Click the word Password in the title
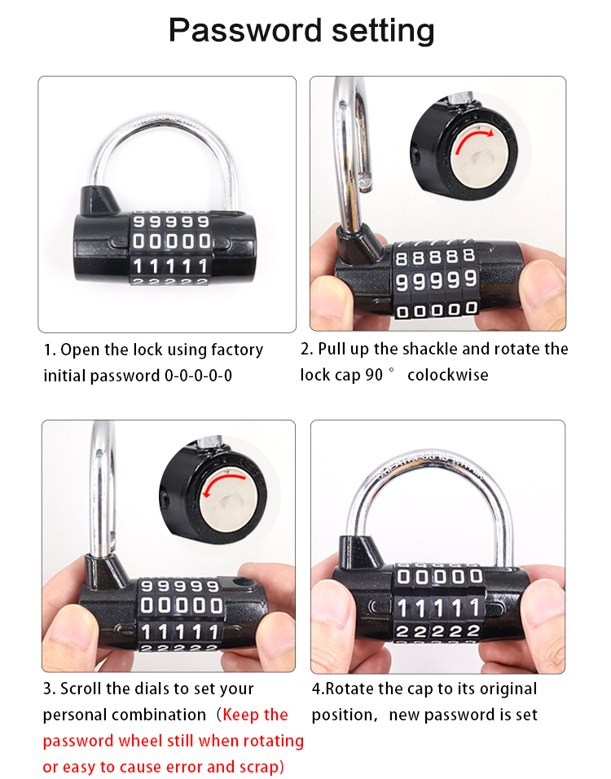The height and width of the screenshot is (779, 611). pyautogui.click(x=246, y=31)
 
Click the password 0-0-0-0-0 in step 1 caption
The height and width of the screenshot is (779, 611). pyautogui.click(x=198, y=376)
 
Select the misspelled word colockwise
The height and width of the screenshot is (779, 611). pyautogui.click(x=447, y=375)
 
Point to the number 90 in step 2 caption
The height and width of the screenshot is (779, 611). pyautogui.click(x=374, y=375)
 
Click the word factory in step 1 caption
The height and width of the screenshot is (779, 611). pyautogui.click(x=237, y=350)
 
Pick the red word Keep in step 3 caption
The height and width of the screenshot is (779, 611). pyautogui.click(x=241, y=715)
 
